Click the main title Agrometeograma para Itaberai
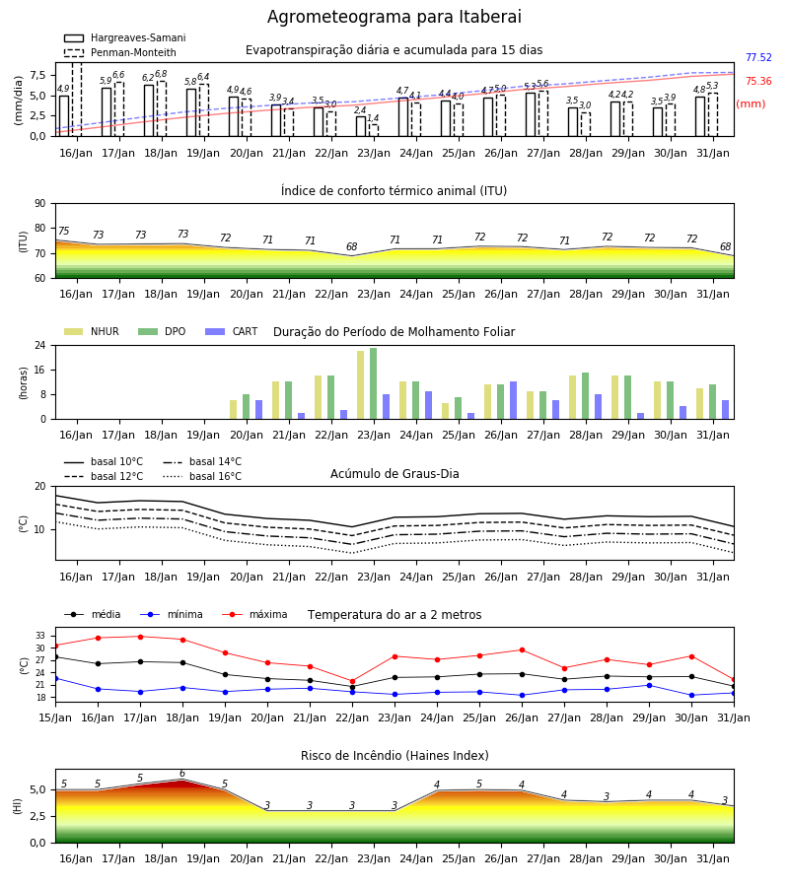394,17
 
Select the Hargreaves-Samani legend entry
124,37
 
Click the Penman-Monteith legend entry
120,52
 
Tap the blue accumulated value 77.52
758,58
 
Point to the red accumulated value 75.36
758,82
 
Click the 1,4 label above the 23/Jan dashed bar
373,118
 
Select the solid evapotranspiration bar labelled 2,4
361,126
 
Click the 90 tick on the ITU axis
40,204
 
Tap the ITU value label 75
63,231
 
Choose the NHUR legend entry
92,331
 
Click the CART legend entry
232,331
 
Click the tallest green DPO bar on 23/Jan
374,383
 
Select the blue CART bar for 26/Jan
514,400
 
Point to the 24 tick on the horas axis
40,345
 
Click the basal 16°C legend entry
202,477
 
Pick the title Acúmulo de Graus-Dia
394,474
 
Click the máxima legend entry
254,614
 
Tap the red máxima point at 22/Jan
353,682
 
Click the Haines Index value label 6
182,774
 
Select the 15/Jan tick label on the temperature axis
55,717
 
